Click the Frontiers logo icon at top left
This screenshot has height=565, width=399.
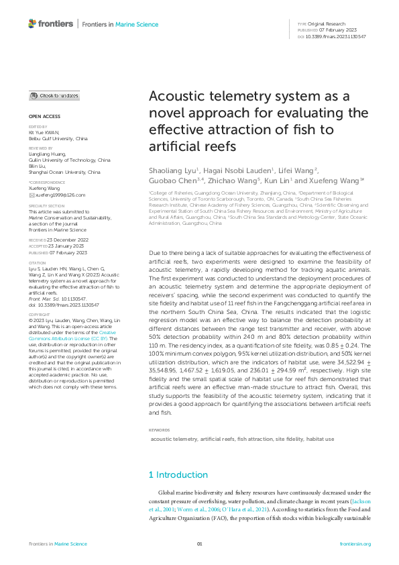pos(32,23)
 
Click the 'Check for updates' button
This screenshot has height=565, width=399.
pos(54,96)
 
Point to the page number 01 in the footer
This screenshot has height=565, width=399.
pos(199,544)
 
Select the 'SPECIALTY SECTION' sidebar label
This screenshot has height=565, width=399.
pos(46,205)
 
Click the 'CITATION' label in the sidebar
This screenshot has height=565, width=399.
pos(38,263)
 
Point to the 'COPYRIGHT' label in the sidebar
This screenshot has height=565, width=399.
pos(39,314)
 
